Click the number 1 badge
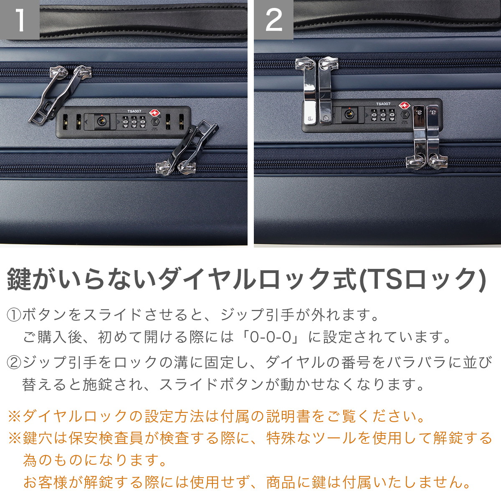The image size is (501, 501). (x=20, y=20)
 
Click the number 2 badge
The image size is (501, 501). (x=273, y=20)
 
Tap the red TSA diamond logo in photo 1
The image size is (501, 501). (x=154, y=113)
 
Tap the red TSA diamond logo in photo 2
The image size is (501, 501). (x=406, y=106)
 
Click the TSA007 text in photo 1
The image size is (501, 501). (x=134, y=111)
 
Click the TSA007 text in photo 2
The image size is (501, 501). (x=383, y=104)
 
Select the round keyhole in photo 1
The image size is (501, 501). (x=101, y=121)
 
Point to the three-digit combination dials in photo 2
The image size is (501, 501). (x=383, y=115)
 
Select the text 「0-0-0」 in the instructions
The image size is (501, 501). (x=271, y=337)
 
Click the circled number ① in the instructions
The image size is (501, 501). (x=14, y=315)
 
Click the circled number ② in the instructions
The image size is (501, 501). (x=14, y=363)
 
